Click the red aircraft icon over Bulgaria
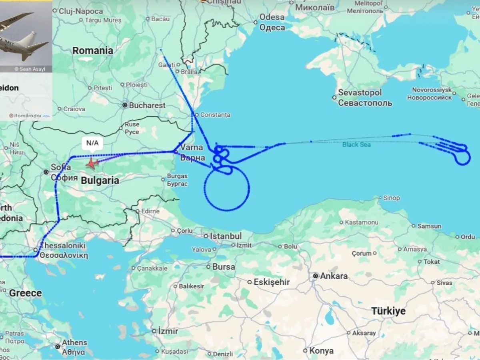click(x=92, y=163)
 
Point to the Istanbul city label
click(x=226, y=236)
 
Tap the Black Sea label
click(x=356, y=144)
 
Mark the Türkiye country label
click(x=388, y=311)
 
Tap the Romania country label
click(x=93, y=51)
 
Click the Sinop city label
click(x=391, y=198)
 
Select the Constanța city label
click(x=215, y=115)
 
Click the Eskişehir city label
click(x=271, y=282)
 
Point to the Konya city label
click(x=321, y=351)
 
